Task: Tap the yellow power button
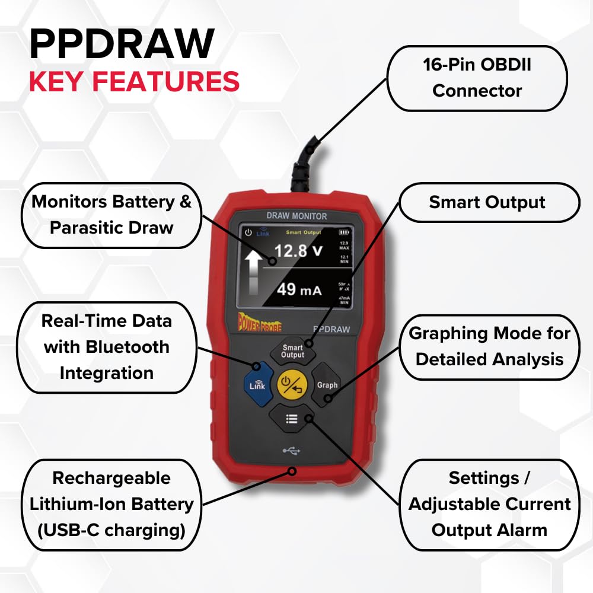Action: pos(292,384)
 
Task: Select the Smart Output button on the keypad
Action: pos(292,351)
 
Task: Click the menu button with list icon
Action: pos(292,419)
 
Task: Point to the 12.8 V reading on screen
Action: pos(298,251)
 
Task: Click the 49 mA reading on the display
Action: pos(299,290)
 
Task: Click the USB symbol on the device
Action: pos(291,451)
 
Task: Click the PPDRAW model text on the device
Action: pos(331,329)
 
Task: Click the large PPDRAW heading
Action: pos(121,44)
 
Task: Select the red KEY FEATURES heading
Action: pos(134,82)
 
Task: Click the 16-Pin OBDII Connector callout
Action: pos(477,78)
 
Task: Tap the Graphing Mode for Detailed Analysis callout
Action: pos(489,346)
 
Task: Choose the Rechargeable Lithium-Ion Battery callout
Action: pos(111,504)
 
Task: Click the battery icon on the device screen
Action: pos(344,233)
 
